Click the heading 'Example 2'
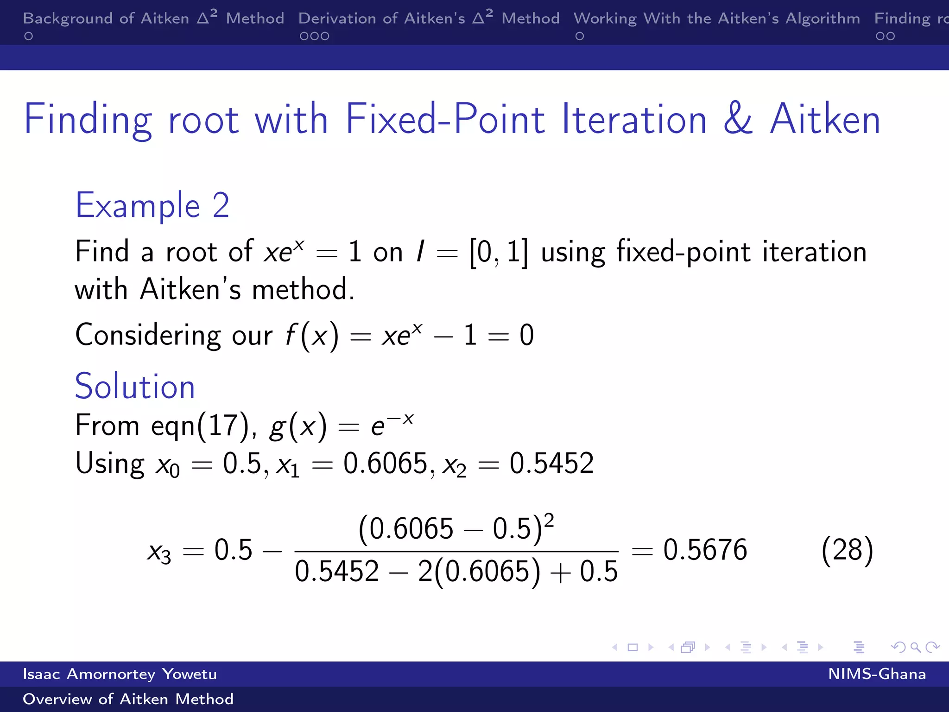[152, 205]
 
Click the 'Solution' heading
[135, 386]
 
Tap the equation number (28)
[847, 550]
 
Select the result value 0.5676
[705, 550]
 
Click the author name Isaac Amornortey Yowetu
[120, 674]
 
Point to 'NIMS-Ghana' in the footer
[877, 674]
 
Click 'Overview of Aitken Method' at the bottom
[128, 699]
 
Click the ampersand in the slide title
[738, 119]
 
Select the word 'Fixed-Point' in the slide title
[445, 119]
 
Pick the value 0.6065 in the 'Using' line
[385, 464]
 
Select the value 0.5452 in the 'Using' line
[551, 464]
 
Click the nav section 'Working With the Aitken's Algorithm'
[716, 19]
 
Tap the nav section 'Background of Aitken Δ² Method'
[153, 19]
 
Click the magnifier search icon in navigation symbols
[915, 647]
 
